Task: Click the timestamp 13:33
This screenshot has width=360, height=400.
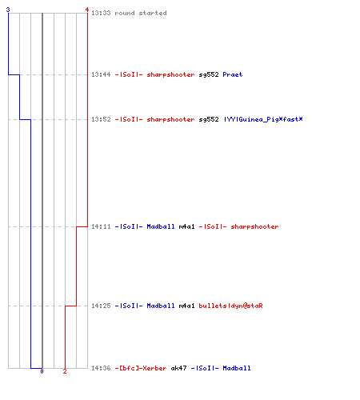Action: point(101,13)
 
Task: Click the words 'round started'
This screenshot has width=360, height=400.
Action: point(141,13)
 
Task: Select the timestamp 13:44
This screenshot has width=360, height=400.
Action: point(101,74)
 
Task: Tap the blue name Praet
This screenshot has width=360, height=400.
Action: point(233,74)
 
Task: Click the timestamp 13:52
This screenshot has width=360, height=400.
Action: point(101,119)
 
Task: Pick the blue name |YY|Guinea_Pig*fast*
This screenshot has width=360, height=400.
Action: point(263,119)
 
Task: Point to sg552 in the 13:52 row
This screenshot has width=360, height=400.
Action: point(209,119)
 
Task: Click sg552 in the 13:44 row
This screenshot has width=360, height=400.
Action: point(209,74)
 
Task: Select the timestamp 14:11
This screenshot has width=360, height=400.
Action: point(101,226)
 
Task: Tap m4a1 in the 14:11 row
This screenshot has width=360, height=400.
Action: point(186,226)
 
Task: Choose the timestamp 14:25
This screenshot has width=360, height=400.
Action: point(101,306)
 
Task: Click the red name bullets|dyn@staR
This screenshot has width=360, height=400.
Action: point(230,306)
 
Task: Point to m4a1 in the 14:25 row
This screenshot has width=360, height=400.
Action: point(186,306)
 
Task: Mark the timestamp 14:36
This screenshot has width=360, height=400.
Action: point(101,368)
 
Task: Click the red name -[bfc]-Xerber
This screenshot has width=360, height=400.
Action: point(141,368)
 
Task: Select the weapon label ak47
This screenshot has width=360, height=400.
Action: point(178,368)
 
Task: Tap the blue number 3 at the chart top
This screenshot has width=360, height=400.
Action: point(8,10)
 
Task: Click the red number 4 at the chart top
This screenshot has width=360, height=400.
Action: point(87,10)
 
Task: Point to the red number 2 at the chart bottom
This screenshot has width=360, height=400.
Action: point(65,371)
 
